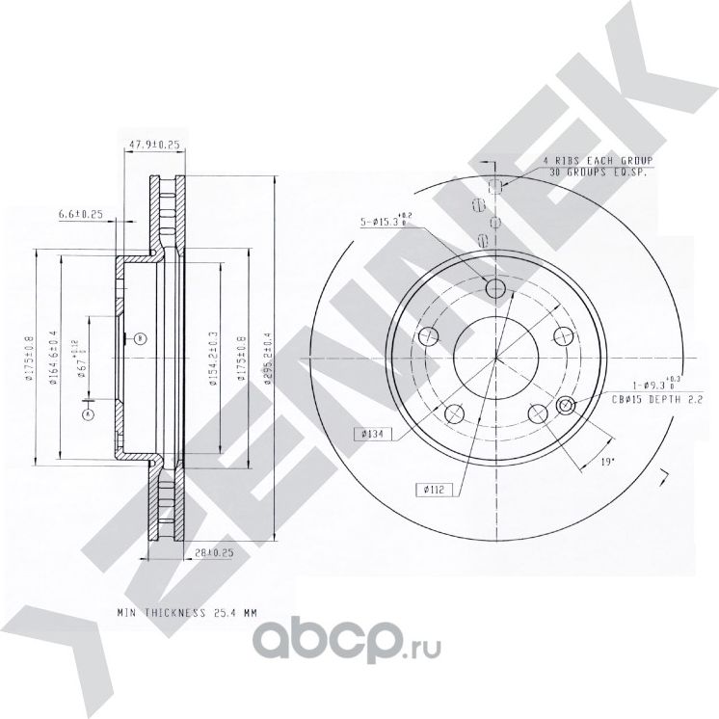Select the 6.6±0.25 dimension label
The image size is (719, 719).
82,212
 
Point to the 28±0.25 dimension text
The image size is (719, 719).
214,552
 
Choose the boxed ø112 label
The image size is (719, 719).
430,489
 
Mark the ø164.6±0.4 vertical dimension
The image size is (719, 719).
55,359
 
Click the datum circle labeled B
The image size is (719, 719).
140,337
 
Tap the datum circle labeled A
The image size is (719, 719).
88,413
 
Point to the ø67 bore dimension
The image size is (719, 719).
85,359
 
